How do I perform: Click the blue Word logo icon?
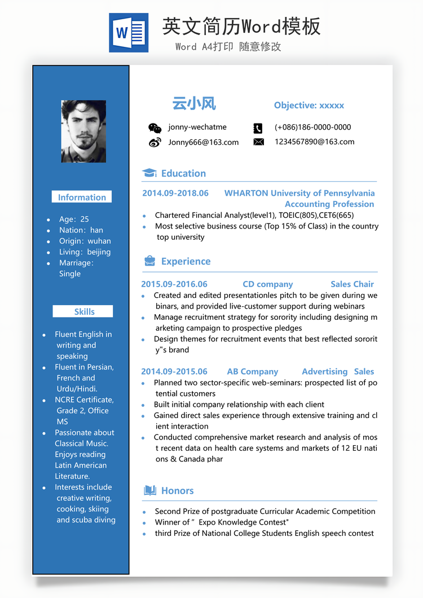coord(129,33)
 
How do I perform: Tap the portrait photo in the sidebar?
coord(83,131)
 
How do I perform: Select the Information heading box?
coord(82,197)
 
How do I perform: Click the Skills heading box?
coord(83,311)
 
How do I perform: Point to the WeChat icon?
coord(155,128)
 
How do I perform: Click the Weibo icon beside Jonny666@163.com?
coord(155,142)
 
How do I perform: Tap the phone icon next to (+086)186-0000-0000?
coord(258,128)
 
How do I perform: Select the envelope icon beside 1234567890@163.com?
coord(258,142)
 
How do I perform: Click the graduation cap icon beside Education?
coord(149,173)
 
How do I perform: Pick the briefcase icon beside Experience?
coord(149,261)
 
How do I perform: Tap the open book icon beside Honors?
coord(149,490)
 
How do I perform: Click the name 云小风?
coord(194,104)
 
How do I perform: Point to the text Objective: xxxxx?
coord(309,105)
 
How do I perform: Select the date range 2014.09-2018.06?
coord(175,193)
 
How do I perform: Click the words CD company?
coord(267,284)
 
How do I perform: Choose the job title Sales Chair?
coord(352,284)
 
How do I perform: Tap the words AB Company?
coord(252,372)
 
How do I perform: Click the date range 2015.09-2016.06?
coord(174,284)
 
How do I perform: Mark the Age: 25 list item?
coord(74,219)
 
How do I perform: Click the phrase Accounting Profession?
coord(329,204)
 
